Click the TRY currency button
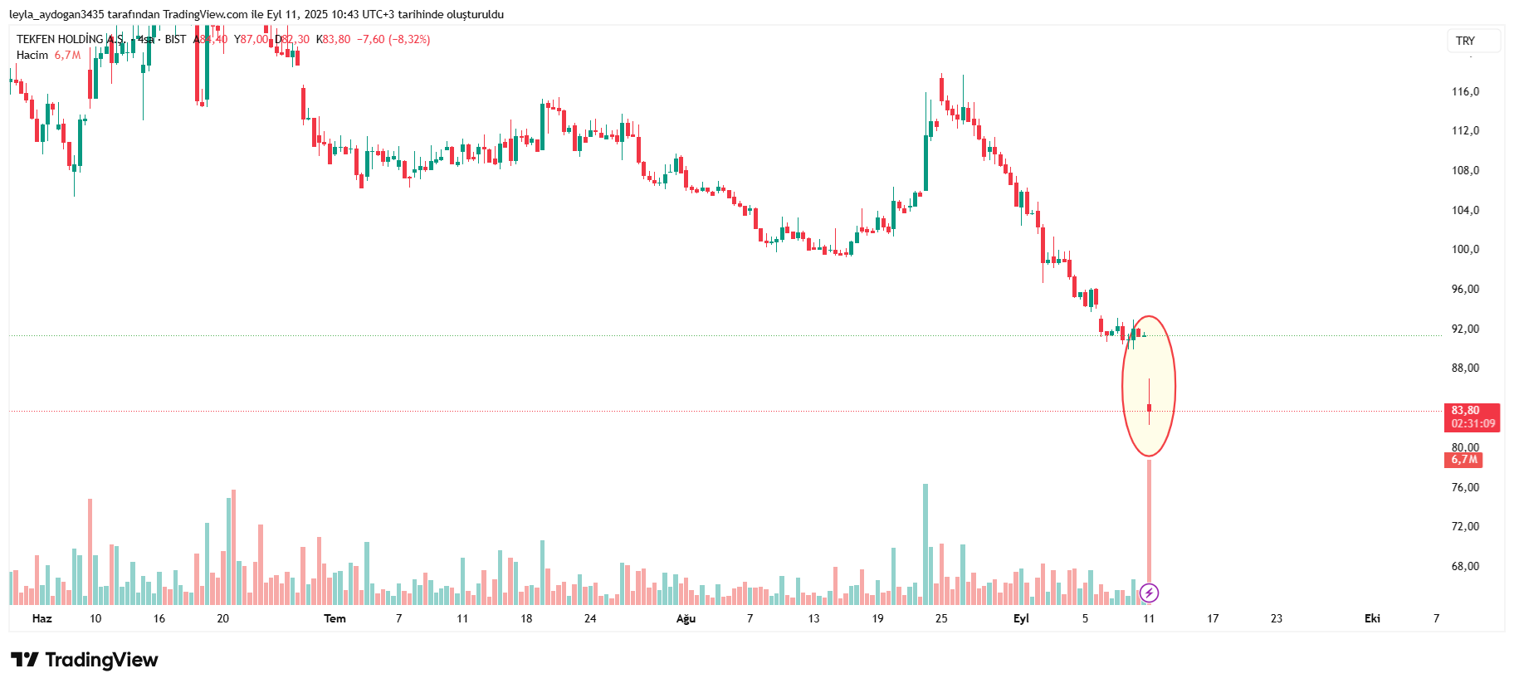[x=1465, y=41]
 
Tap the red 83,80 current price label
[x=1465, y=411]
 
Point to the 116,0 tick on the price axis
[x=1465, y=91]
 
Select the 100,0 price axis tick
[x=1465, y=249]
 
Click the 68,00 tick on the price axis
[x=1465, y=566]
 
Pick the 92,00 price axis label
[x=1465, y=329]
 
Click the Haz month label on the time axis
[x=42, y=618]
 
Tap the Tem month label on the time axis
[x=335, y=618]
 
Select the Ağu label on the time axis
[x=686, y=618]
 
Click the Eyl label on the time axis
[x=1021, y=618]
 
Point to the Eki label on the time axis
[x=1372, y=618]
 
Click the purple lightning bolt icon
[x=1149, y=593]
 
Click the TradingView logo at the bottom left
[x=84, y=660]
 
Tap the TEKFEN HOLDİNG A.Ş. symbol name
[x=71, y=39]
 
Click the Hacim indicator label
[x=32, y=56]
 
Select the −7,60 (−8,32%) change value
[x=393, y=39]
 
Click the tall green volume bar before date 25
[x=925, y=539]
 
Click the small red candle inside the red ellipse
[x=1149, y=407]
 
